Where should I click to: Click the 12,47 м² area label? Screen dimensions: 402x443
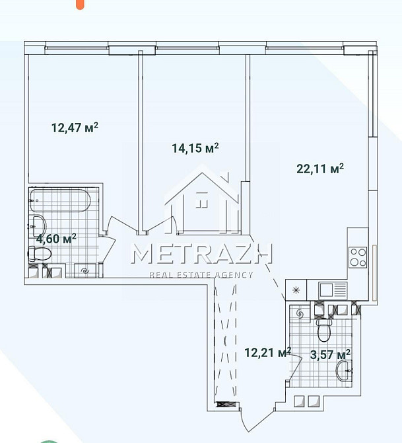click(x=75, y=128)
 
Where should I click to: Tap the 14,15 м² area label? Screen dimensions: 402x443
click(x=195, y=148)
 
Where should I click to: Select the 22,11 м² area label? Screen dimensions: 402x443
click(x=320, y=169)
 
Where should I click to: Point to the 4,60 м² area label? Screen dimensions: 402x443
click(x=56, y=239)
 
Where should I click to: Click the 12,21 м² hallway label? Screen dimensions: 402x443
click(x=268, y=352)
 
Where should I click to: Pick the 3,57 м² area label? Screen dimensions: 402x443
click(x=330, y=354)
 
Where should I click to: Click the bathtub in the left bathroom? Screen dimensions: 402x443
click(x=60, y=200)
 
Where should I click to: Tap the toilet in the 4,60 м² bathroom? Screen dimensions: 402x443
click(x=40, y=253)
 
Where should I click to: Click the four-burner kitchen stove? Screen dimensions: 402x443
click(x=358, y=257)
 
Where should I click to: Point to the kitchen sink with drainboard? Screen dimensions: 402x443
click(x=333, y=290)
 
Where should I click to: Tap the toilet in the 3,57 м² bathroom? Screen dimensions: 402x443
click(x=324, y=330)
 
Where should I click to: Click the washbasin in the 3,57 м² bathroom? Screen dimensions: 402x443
click(x=344, y=370)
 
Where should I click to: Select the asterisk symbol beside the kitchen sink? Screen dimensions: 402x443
click(x=296, y=290)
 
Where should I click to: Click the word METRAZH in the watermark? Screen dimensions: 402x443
click(x=202, y=254)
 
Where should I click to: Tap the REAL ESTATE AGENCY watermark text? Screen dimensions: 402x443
click(x=201, y=274)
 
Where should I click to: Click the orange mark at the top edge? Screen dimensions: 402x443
click(x=81, y=5)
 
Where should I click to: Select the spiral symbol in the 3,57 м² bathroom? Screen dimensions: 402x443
click(x=300, y=313)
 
